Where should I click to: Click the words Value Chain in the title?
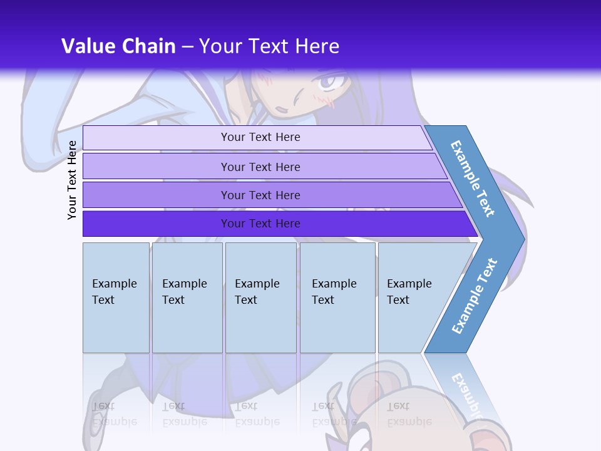point(118,46)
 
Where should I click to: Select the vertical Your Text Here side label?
point(72,180)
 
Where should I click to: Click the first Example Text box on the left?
point(116,298)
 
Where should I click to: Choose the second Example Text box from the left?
point(187,298)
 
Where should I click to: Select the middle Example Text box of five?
point(260,298)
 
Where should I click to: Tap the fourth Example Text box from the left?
point(337,298)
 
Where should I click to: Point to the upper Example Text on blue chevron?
point(473,179)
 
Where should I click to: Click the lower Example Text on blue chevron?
point(474,296)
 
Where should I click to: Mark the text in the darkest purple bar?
point(260,224)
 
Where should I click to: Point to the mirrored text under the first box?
point(115,413)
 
